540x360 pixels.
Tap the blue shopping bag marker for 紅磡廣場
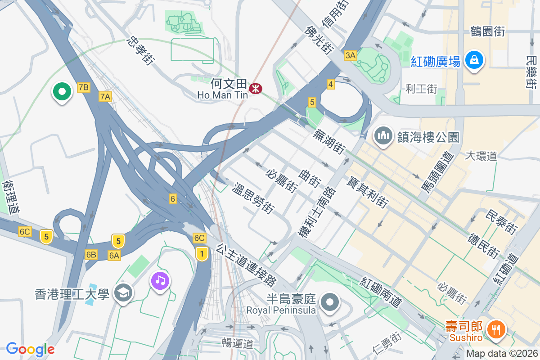pos(474,59)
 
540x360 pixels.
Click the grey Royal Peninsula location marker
pos(331,302)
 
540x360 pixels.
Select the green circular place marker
pos(62,92)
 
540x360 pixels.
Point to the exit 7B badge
pos(83,87)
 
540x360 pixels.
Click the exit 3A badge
pos(350,55)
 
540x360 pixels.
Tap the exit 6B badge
pos(91,255)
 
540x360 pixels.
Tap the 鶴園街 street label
pos(487,31)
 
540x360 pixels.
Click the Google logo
pos(30,349)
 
